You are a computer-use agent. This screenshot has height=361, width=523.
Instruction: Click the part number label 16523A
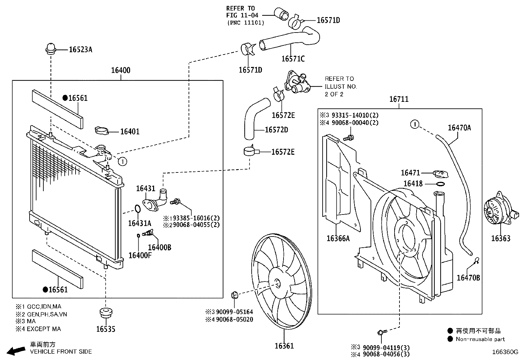[x=80, y=50]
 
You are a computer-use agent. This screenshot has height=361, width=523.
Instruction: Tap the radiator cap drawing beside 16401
[x=101, y=130]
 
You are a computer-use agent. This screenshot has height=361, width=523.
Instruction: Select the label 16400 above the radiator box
[x=120, y=70]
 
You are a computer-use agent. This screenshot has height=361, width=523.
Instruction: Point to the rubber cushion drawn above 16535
[x=105, y=313]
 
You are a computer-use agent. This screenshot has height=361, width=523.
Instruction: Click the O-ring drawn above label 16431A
[x=138, y=209]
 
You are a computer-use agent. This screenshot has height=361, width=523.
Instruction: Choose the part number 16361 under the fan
[x=284, y=346]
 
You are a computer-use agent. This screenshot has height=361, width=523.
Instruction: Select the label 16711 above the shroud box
[x=399, y=99]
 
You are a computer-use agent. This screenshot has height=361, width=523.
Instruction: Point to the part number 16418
[x=413, y=184]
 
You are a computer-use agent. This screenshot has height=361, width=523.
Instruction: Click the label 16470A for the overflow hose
[x=459, y=128]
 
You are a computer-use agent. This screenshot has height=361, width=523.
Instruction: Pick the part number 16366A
[x=338, y=238]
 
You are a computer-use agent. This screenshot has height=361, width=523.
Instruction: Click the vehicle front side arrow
[x=16, y=351]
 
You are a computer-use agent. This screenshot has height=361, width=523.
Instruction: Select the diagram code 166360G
[x=505, y=352]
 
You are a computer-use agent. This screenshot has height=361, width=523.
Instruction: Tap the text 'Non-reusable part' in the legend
[x=480, y=339]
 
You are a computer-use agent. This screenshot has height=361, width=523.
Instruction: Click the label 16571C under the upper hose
[x=293, y=59]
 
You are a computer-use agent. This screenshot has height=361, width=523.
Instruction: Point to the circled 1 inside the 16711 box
[x=415, y=124]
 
